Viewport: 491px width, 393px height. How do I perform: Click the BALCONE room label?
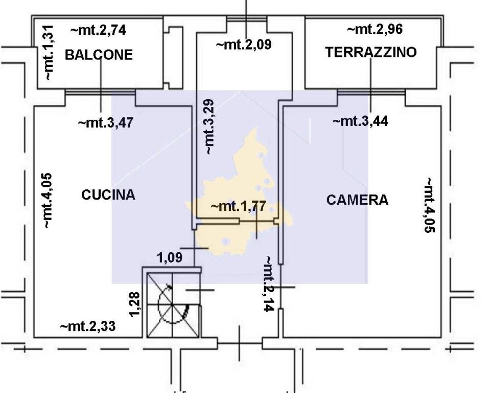[99, 55]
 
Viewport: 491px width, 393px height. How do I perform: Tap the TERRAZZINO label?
[371, 52]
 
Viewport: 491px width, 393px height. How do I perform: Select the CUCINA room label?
[108, 194]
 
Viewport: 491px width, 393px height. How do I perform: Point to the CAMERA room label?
[357, 200]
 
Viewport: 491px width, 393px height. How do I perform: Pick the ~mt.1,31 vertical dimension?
[47, 53]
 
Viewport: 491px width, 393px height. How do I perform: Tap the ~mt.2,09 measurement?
[244, 45]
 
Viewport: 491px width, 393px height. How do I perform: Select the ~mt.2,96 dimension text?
[375, 29]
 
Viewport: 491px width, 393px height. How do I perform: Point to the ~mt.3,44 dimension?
[360, 121]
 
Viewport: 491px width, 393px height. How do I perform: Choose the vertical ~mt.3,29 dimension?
[210, 127]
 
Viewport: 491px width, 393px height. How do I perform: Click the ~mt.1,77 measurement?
[238, 206]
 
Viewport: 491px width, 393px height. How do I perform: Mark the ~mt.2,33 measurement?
[87, 326]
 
